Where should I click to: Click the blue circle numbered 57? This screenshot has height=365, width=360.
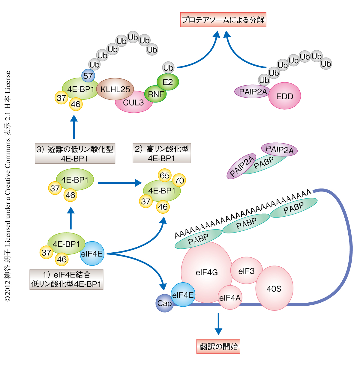point(88,76)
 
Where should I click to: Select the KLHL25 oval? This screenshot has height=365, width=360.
point(115,89)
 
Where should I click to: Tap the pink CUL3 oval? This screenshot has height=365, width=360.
point(133,103)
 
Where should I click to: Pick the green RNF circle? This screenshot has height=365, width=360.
point(156,94)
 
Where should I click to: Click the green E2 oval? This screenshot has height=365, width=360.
point(168,82)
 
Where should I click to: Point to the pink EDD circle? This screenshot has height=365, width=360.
point(284,96)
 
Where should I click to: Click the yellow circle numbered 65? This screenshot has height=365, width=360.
point(165,175)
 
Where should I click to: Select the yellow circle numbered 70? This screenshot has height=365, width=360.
point(179,180)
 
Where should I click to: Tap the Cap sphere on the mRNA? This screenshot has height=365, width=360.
point(164,303)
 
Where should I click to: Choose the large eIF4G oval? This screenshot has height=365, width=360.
point(207,272)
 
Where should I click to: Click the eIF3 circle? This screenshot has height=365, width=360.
point(246,271)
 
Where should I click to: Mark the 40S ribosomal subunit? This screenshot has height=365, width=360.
point(274,288)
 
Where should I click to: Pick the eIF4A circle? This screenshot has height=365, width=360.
point(230,298)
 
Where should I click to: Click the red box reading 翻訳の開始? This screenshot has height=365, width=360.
point(218,347)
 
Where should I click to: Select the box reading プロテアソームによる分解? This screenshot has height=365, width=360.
point(223,20)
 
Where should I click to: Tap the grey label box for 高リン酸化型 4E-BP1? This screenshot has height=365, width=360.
point(162,153)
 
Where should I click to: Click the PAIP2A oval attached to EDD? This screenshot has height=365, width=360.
point(253,92)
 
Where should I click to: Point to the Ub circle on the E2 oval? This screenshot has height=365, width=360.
point(168,68)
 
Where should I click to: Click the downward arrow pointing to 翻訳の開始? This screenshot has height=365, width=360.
point(218,324)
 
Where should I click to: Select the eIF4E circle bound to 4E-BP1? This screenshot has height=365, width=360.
point(92,254)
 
